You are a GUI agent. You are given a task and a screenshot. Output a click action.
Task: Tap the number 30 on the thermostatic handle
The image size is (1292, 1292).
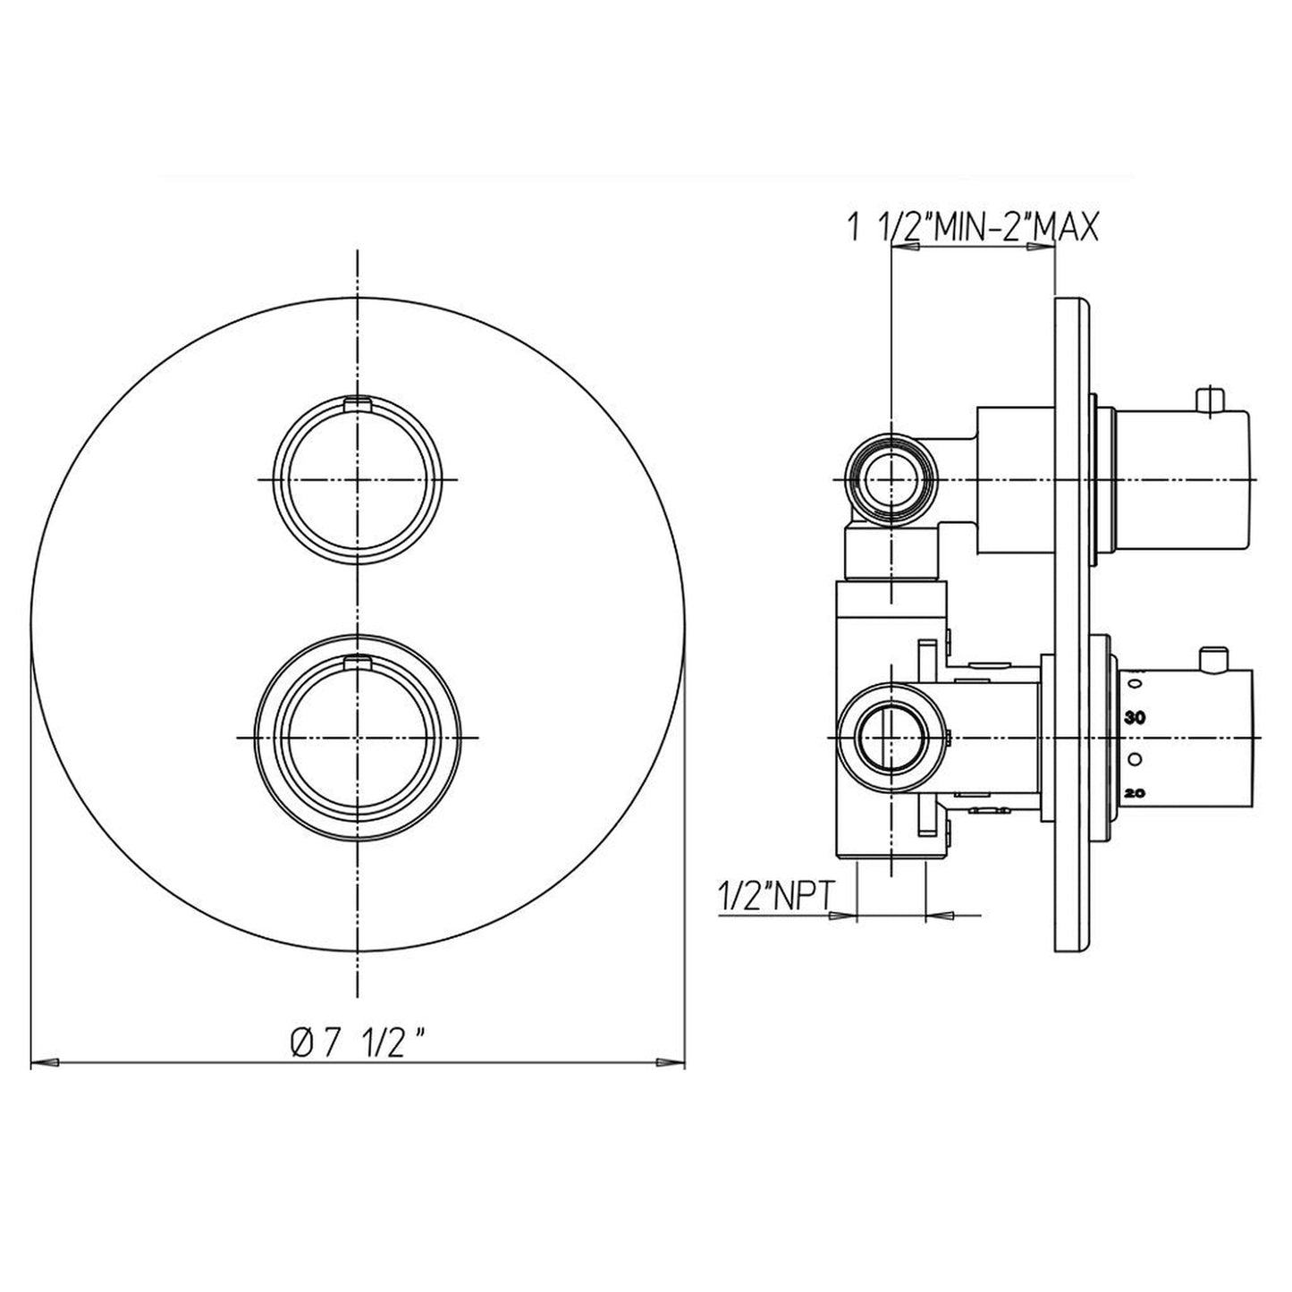1136,717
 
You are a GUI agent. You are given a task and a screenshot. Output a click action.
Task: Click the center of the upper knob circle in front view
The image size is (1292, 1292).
357,480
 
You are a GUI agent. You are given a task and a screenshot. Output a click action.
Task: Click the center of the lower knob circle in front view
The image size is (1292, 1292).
357,737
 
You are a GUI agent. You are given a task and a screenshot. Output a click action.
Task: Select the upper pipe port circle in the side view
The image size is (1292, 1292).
891,480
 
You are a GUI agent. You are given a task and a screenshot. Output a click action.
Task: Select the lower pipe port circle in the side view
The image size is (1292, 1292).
891,737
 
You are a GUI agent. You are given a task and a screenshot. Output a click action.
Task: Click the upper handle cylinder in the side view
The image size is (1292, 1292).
1180,480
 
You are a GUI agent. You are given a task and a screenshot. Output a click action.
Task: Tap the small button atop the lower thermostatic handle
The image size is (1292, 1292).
1213,661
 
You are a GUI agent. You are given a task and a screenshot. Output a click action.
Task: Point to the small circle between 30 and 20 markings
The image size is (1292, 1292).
1135,758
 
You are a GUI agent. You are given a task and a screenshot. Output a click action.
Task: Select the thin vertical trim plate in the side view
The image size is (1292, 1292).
1072,626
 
